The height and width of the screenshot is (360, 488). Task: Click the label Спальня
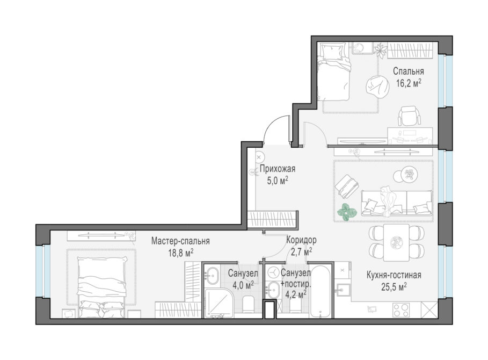pyautogui.click(x=409, y=71)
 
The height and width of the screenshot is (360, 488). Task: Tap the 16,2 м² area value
pyautogui.click(x=409, y=83)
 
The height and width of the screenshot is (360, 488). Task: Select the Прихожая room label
pyautogui.click(x=278, y=169)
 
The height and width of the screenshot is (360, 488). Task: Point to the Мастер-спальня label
pyautogui.click(x=180, y=241)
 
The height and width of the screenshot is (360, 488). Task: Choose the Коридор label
pyautogui.click(x=301, y=240)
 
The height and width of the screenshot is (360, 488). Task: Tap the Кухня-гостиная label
pyautogui.click(x=394, y=275)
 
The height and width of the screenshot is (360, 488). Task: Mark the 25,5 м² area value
pyautogui.click(x=394, y=287)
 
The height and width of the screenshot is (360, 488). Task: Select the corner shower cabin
pyautogui.click(x=218, y=304)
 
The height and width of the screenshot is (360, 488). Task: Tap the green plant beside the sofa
pyautogui.click(x=345, y=213)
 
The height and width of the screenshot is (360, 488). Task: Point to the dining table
pyautogui.click(x=396, y=242)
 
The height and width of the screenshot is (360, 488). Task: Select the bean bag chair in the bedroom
pyautogui.click(x=377, y=87)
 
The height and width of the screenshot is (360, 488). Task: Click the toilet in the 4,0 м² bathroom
pyautogui.click(x=249, y=304)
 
